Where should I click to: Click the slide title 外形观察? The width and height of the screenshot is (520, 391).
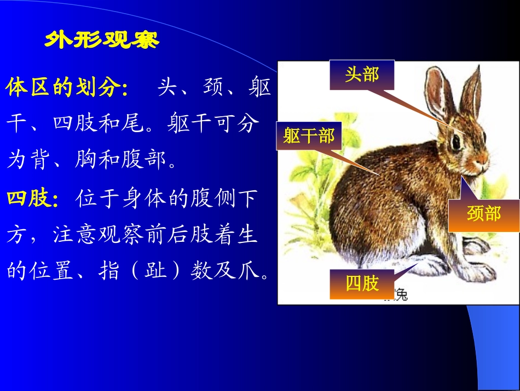[101, 41]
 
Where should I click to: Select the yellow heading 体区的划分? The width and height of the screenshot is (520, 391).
[66, 88]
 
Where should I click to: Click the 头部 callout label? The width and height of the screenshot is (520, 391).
[361, 75]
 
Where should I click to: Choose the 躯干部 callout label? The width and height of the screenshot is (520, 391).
[309, 135]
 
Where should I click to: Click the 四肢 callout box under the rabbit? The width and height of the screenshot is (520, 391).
[362, 283]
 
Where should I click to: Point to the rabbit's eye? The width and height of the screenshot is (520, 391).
[455, 141]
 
